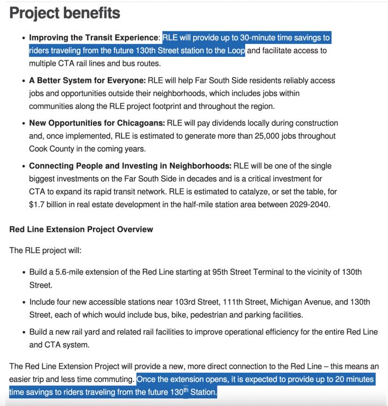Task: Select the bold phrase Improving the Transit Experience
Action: (x=94, y=38)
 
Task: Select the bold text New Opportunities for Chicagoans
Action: (x=97, y=123)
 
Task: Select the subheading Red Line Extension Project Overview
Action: (x=81, y=229)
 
